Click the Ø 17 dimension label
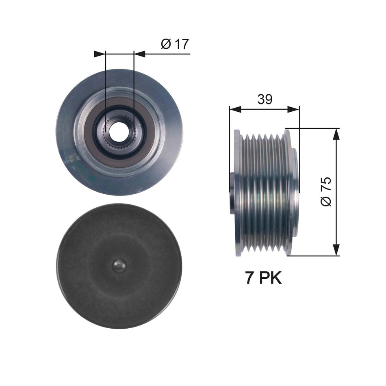(x=175, y=43)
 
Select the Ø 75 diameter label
(x=326, y=191)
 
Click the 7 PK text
(x=263, y=279)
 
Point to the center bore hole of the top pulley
(x=119, y=132)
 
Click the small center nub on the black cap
(x=119, y=266)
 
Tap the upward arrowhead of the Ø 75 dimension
(x=336, y=134)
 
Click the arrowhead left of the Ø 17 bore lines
(x=100, y=54)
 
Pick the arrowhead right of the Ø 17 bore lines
(x=139, y=54)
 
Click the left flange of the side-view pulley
(x=238, y=193)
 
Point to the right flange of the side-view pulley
(x=289, y=193)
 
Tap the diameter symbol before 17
(x=166, y=43)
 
